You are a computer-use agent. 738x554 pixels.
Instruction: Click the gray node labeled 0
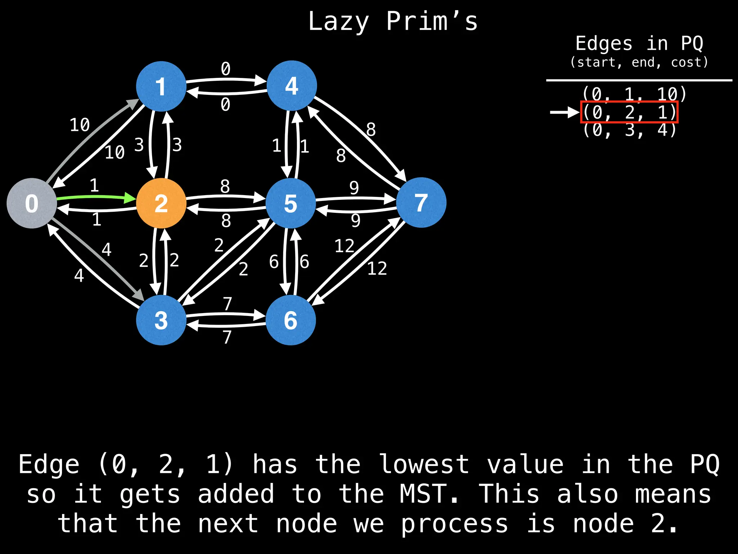[32, 203]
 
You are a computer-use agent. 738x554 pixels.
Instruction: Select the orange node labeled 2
[161, 203]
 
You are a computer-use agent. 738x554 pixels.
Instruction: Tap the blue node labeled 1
[161, 86]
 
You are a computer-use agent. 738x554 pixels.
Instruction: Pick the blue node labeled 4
[292, 85]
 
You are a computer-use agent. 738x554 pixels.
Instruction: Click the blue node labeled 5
[291, 203]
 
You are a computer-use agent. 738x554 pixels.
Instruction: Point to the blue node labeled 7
[421, 202]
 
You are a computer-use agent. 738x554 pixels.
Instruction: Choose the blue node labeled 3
[161, 320]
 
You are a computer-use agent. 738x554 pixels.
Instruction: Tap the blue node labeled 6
[291, 320]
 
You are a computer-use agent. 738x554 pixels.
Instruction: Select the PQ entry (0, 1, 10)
[635, 94]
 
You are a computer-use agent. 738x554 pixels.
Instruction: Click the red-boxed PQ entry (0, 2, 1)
[630, 112]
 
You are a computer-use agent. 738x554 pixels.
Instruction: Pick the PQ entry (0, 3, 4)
[630, 130]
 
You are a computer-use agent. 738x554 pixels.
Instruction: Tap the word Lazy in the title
[338, 22]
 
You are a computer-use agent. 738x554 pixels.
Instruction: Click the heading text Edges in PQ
[639, 44]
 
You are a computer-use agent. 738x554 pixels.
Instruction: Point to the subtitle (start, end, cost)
[639, 62]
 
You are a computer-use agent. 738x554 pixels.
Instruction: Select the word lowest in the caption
[424, 464]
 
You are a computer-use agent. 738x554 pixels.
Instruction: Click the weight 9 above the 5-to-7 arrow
[354, 188]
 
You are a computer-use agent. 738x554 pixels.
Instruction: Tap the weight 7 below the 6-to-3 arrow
[227, 337]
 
